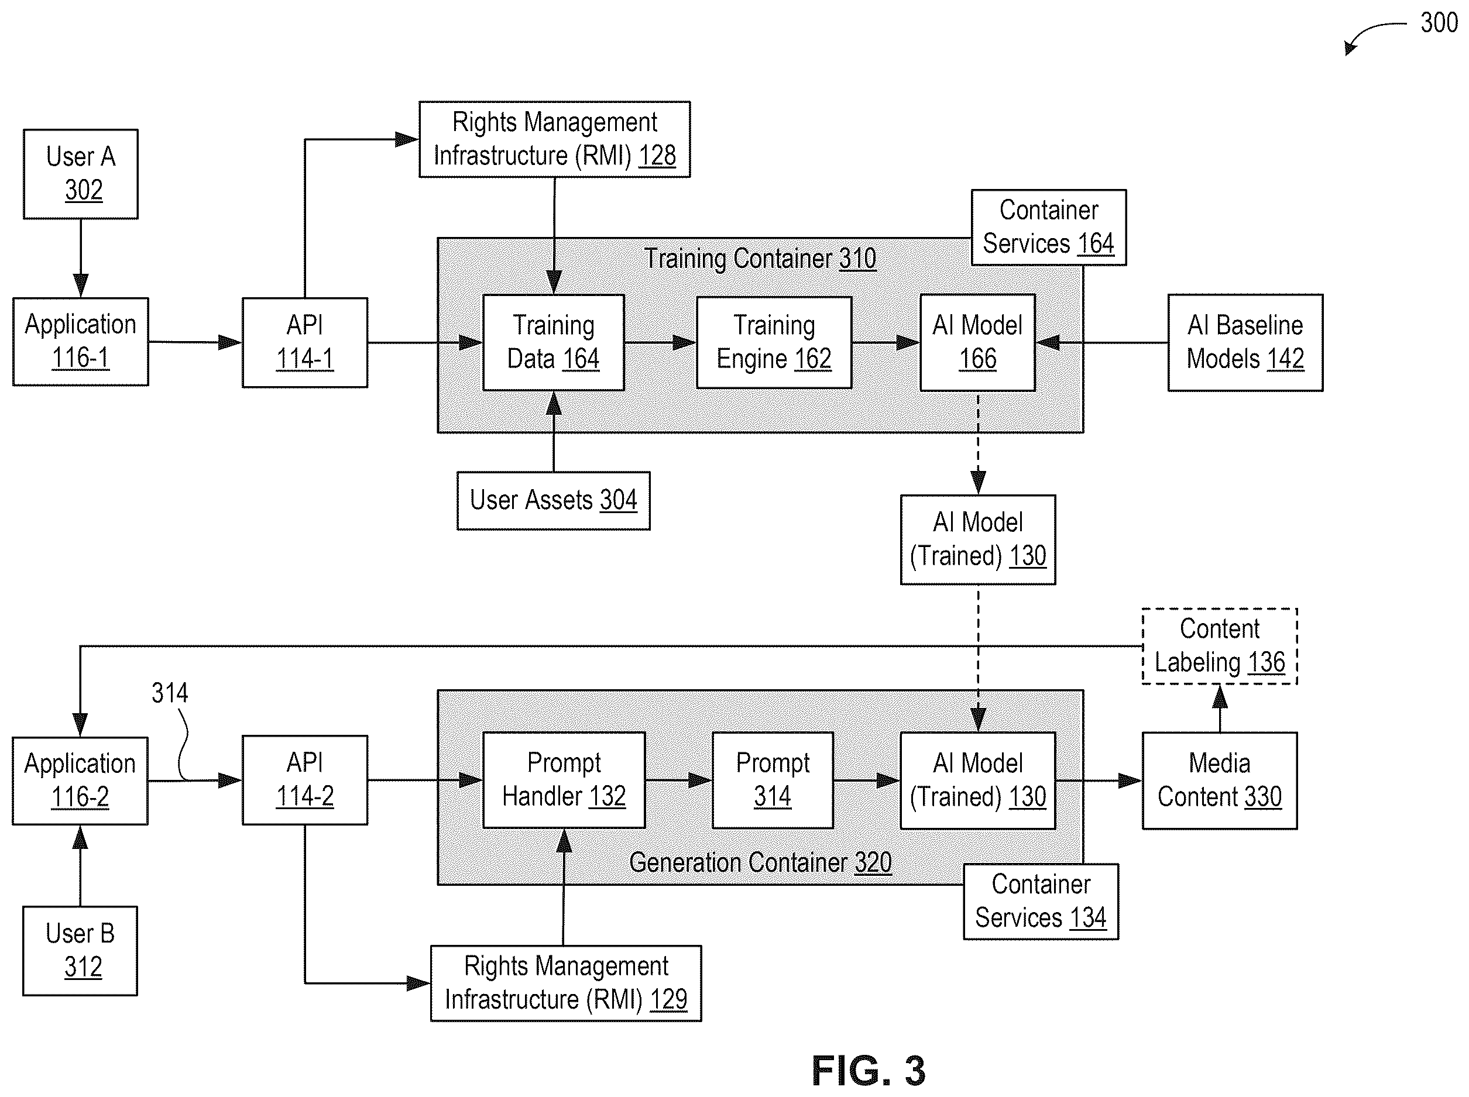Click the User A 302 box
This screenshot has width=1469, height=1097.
80,174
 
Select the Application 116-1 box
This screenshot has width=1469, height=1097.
80,341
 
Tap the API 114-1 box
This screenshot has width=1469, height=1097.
305,343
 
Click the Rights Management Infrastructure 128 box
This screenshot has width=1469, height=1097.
554,139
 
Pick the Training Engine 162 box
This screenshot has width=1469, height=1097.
774,343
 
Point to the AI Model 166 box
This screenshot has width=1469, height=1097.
977,343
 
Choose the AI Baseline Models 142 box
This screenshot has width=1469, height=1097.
1245,343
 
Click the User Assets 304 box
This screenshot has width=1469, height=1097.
553,501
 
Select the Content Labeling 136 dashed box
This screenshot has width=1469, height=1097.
1219,646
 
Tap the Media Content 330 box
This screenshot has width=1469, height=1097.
1219,781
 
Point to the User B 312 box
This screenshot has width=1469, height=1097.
80,951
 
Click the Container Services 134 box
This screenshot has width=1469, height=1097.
1041,902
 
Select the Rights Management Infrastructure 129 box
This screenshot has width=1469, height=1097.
566,983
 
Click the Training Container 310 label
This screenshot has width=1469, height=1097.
760,259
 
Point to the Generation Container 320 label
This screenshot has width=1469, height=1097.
760,862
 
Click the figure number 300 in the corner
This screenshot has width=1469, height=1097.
1439,23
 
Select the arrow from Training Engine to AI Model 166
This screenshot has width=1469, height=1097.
886,343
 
